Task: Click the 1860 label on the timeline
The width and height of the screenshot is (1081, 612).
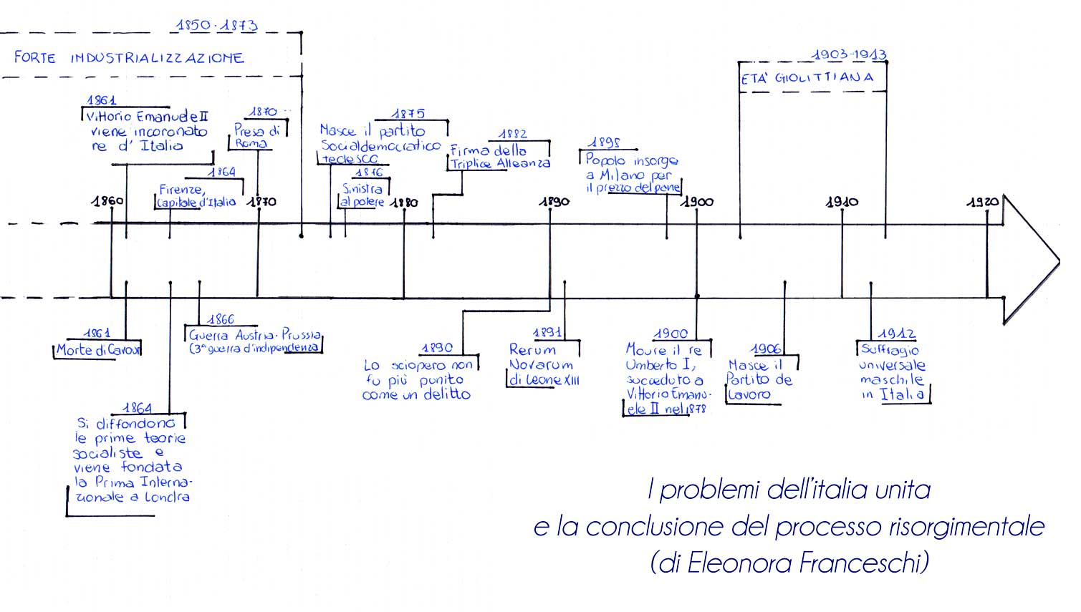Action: pos(107,201)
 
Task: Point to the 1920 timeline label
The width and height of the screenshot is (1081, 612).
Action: pos(982,203)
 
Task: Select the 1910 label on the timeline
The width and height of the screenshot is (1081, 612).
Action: pos(842,203)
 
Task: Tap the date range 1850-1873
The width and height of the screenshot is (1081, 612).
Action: pos(216,26)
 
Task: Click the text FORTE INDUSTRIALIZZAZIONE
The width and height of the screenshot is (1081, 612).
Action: pos(129,58)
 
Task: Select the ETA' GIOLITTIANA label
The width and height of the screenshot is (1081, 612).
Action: pos(807,78)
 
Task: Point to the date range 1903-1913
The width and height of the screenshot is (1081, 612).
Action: pos(849,55)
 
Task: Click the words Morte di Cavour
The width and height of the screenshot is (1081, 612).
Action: pos(98,350)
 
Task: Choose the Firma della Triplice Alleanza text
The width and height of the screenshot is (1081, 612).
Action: pos(499,157)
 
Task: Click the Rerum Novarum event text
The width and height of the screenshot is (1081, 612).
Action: pos(543,364)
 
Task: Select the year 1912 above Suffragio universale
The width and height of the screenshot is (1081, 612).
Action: pos(896,334)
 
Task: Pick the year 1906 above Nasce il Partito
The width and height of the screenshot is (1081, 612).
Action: pos(766,349)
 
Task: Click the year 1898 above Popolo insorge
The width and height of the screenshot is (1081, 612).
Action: pos(604,143)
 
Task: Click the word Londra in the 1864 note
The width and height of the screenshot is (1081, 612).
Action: pos(167,497)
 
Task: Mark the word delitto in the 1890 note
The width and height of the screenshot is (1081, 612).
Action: pos(446,394)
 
